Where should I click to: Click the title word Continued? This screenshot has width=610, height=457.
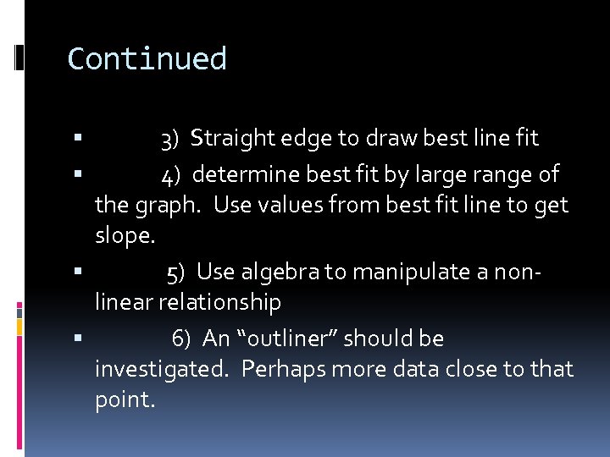147,59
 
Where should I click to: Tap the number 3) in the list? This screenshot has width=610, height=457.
169,138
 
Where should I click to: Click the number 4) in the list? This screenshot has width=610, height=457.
171,175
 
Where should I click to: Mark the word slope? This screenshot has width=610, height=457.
125,237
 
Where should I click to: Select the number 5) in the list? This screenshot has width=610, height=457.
176,273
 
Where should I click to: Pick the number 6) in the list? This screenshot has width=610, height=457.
181,339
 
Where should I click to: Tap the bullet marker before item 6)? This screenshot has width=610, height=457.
78,339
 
